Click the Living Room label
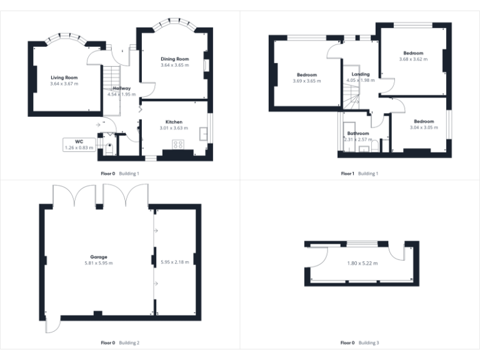pyautogui.click(x=64, y=77)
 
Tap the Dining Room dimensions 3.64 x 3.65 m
pyautogui.click(x=174, y=65)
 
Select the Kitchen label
pyautogui.click(x=174, y=122)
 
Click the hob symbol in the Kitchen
pyautogui.click(x=177, y=145)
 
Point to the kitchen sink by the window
pyautogui.click(x=204, y=134)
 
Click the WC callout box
pyautogui.click(x=79, y=144)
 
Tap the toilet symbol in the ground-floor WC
pyautogui.click(x=110, y=147)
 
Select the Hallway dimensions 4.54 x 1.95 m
pyautogui.click(x=121, y=94)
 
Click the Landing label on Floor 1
pyautogui.click(x=360, y=74)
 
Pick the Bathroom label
pyautogui.click(x=358, y=133)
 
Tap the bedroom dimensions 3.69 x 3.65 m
pyautogui.click(x=306, y=81)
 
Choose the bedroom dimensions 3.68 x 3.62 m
pyautogui.click(x=413, y=59)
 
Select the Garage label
pyautogui.click(x=98, y=257)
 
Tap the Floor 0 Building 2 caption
pyautogui.click(x=120, y=342)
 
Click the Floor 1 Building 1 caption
pyautogui.click(x=359, y=173)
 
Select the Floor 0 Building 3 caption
pyautogui.click(x=359, y=342)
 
